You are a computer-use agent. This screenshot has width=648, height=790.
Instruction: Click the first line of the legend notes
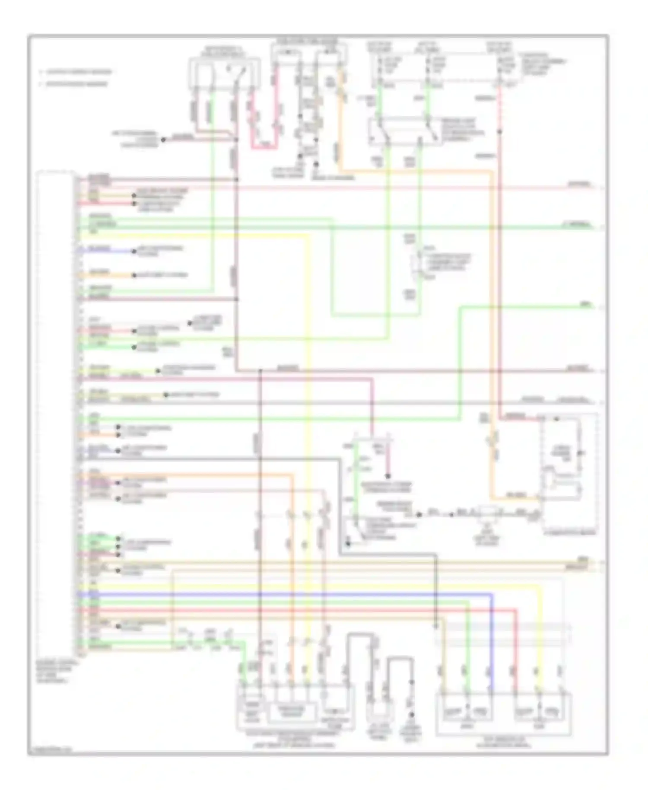(76, 72)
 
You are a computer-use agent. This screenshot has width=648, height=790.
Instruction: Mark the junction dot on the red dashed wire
(499, 131)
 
